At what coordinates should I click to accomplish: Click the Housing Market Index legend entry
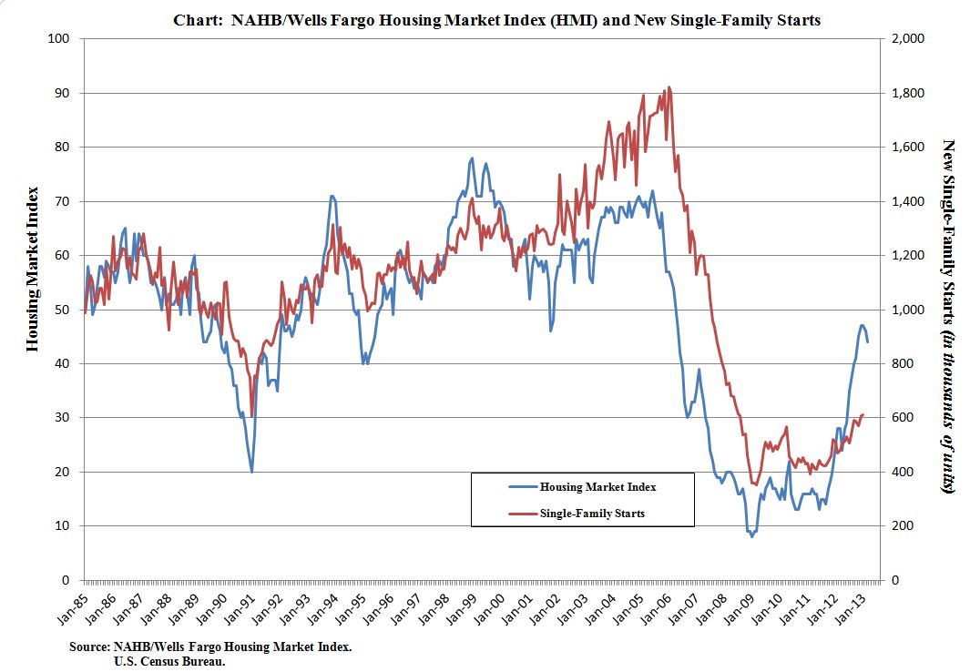tap(597, 486)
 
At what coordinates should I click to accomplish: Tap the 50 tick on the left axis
tap(63, 310)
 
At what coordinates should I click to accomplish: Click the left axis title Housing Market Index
tap(32, 270)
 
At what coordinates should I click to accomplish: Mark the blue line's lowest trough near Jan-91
tap(251, 471)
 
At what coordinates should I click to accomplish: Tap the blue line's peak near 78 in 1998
tap(472, 158)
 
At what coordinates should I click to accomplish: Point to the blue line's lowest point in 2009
tap(751, 536)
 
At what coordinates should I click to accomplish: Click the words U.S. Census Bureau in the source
tap(169, 661)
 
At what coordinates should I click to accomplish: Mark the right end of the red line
tap(863, 414)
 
